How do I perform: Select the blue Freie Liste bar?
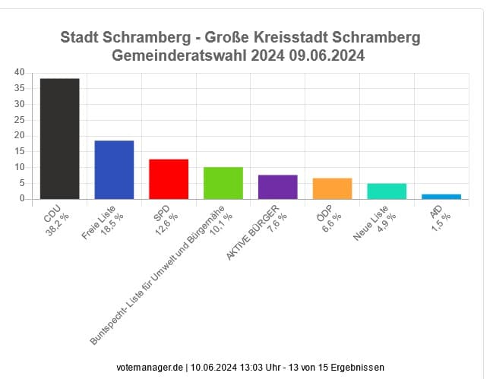click(x=114, y=170)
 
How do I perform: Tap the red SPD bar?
click(x=169, y=179)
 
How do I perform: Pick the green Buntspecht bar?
click(x=223, y=183)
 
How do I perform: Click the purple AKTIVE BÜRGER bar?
click(x=278, y=187)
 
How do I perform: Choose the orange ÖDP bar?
click(x=333, y=188)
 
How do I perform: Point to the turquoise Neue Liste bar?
click(x=387, y=191)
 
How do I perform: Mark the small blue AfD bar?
click(x=441, y=196)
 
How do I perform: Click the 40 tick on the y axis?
click(x=19, y=72)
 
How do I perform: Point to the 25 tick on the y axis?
click(x=19, y=120)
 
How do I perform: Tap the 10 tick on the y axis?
click(x=19, y=167)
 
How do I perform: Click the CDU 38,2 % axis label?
click(x=56, y=220)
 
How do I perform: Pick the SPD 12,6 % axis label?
click(x=165, y=220)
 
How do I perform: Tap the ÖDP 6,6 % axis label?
click(x=328, y=219)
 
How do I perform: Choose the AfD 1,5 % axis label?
click(x=438, y=216)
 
